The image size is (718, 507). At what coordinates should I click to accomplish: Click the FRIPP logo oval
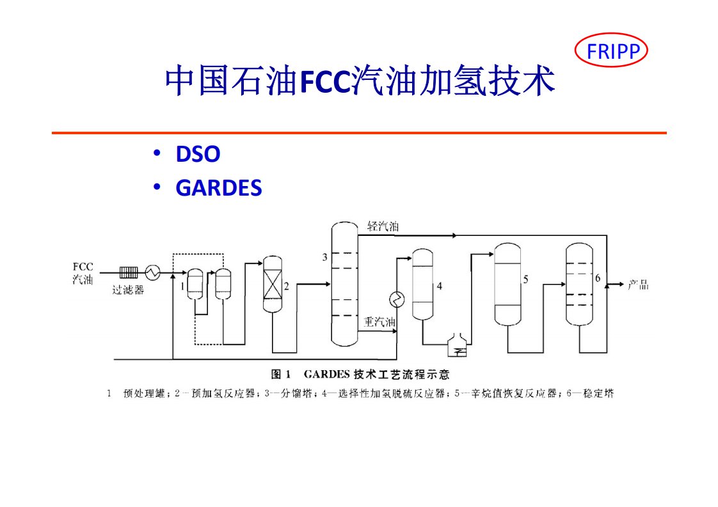click(x=612, y=51)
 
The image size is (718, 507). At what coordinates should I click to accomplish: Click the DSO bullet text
click(x=198, y=154)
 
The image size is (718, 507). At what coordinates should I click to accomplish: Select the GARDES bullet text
click(x=218, y=188)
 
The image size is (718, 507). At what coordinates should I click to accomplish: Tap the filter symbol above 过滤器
click(x=129, y=273)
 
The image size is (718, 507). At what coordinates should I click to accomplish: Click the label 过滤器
click(x=128, y=290)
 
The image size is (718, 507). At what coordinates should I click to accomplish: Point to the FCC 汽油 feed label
click(x=83, y=273)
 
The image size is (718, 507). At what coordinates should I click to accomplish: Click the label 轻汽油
click(x=383, y=226)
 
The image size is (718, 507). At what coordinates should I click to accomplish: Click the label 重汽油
click(x=379, y=323)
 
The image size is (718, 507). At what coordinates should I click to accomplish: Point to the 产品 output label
click(x=637, y=285)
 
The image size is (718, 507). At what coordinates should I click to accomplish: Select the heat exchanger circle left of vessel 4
click(x=397, y=299)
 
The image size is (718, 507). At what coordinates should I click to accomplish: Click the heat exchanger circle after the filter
click(x=152, y=273)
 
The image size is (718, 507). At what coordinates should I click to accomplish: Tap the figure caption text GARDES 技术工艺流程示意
click(x=360, y=374)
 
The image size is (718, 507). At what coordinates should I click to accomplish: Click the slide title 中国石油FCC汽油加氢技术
click(x=360, y=82)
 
